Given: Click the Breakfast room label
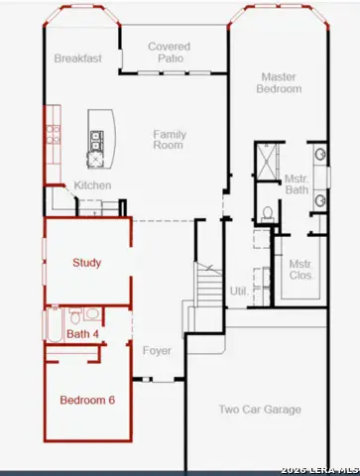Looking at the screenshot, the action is (x=78, y=59).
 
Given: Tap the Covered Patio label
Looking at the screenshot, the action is (x=170, y=53).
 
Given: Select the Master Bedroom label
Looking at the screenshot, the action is (x=279, y=82).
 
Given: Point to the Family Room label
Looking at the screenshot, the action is (x=170, y=140).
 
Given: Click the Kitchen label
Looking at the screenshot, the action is (x=92, y=185).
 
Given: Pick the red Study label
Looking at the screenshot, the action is (x=86, y=263).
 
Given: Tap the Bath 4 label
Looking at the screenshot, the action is (x=82, y=334).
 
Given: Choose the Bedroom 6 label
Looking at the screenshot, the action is (x=87, y=400).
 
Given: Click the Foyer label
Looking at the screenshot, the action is (x=157, y=351).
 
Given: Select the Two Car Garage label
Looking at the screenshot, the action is (x=260, y=410).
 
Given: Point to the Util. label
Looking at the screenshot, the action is (x=239, y=292).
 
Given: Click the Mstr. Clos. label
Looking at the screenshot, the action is (x=300, y=270).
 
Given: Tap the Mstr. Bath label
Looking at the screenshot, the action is (x=297, y=184).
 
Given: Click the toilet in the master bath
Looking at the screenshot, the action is (x=268, y=214).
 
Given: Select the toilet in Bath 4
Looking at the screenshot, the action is (x=75, y=315).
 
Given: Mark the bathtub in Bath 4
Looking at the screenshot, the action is (x=55, y=324).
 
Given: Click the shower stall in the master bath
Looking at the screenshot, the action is (x=268, y=162).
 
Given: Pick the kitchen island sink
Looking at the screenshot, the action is (x=97, y=141).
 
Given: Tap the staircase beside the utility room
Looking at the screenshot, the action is (x=209, y=285).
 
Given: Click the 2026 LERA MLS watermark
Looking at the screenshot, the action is (x=320, y=470).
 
